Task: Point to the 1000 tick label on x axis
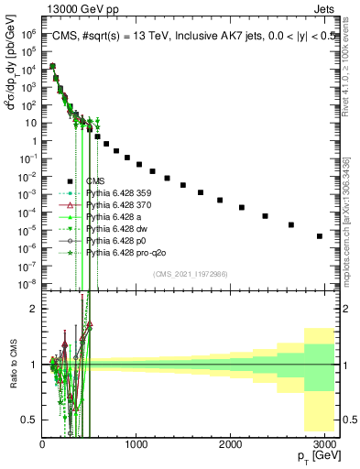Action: click(136, 444)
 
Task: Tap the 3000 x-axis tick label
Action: click(324, 444)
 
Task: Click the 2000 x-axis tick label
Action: click(230, 444)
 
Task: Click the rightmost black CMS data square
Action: click(319, 236)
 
